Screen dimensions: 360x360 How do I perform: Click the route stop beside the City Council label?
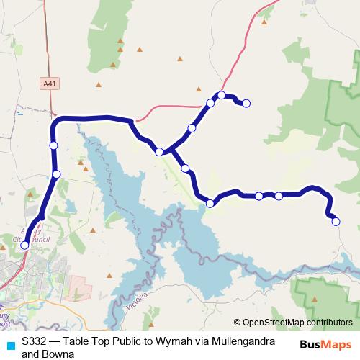click(x=24, y=246)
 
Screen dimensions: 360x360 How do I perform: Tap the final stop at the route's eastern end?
click(x=336, y=222)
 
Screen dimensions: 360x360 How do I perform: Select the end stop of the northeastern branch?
click(x=246, y=104)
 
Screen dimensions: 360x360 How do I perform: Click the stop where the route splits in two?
click(x=160, y=152)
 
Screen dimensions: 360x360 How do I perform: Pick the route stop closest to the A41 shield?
click(x=53, y=145)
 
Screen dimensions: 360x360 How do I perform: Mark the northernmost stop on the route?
click(x=222, y=95)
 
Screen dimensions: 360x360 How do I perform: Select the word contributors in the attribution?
click(x=330, y=323)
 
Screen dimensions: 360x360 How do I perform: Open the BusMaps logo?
click(x=325, y=345)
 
